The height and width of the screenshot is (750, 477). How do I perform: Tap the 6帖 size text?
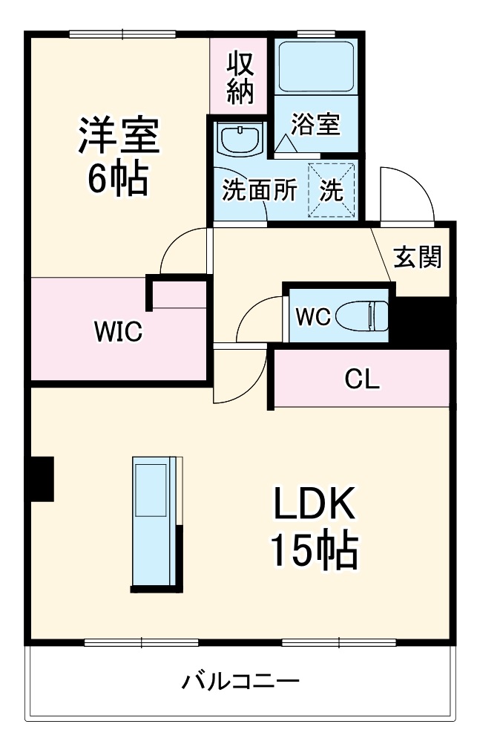pyautogui.click(x=118, y=178)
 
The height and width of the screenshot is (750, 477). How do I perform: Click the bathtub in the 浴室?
pyautogui.click(x=317, y=67)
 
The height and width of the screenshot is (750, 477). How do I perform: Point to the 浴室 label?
pyautogui.click(x=315, y=124)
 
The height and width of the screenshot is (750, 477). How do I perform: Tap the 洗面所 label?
pyautogui.click(x=260, y=189)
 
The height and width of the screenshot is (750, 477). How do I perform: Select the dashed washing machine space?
pyautogui.click(x=332, y=190)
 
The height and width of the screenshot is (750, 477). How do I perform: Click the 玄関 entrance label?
pyautogui.click(x=417, y=257)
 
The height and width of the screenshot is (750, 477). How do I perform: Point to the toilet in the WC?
pyautogui.click(x=362, y=316)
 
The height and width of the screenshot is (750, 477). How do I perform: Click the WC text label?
pyautogui.click(x=314, y=316)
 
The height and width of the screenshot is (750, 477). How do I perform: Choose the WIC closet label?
pyautogui.click(x=118, y=331)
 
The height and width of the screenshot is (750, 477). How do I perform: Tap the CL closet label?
pyautogui.click(x=362, y=379)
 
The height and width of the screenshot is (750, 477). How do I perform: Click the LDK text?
pyautogui.click(x=314, y=503)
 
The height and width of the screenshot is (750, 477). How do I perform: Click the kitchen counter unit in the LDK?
pyautogui.click(x=157, y=524)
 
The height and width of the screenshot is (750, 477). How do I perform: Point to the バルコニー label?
pyautogui.click(x=240, y=681)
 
